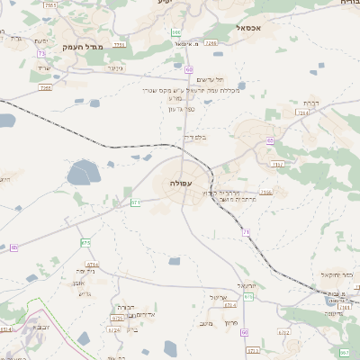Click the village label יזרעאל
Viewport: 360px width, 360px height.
247,285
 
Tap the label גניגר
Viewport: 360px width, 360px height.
114,67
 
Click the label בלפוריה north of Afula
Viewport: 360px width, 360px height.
193,138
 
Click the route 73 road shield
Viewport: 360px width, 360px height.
41,53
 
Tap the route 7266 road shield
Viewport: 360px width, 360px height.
211,42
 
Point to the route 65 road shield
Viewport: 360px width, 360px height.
269,140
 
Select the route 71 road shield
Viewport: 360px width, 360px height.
245,232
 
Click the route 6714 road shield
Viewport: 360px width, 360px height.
92,265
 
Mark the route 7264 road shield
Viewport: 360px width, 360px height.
301,112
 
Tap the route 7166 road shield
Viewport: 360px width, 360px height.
265,192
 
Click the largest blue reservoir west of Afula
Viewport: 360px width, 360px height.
83,170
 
